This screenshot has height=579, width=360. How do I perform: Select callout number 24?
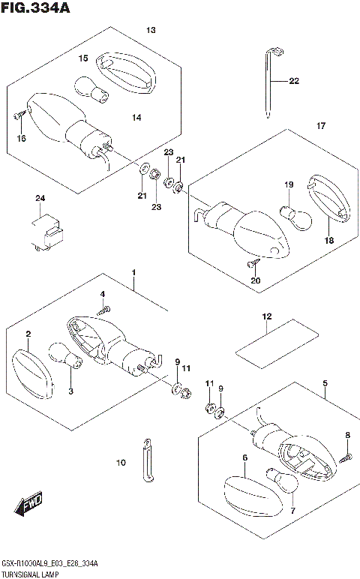pos(40,198)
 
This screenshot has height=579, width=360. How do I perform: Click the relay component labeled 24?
pos(45,229)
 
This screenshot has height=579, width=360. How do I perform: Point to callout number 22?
pos(293,81)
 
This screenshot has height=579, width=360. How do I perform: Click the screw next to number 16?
pos(19,115)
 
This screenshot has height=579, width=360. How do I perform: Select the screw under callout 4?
pos(104,309)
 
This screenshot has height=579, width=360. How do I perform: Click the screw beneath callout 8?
pos(347,454)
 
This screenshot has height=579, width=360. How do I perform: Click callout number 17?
pos(320,125)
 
